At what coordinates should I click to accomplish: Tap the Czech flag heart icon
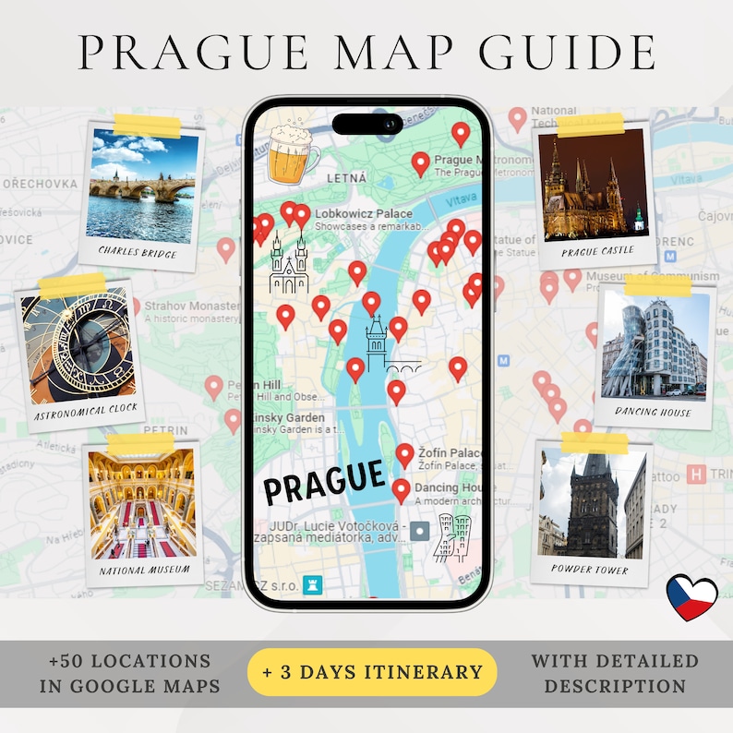click(x=691, y=597)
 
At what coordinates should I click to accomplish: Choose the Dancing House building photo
click(x=655, y=345)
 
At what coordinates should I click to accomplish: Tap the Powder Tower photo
click(x=592, y=504)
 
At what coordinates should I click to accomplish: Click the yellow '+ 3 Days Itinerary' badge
click(x=372, y=671)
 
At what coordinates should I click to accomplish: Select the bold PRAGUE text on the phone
click(x=323, y=480)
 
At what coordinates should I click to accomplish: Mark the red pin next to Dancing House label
click(x=401, y=490)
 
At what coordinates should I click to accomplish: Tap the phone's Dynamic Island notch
click(x=366, y=124)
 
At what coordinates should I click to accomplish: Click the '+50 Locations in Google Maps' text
click(x=129, y=673)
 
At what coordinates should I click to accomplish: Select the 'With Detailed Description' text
click(x=614, y=673)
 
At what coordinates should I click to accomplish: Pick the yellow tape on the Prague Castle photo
click(x=591, y=123)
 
